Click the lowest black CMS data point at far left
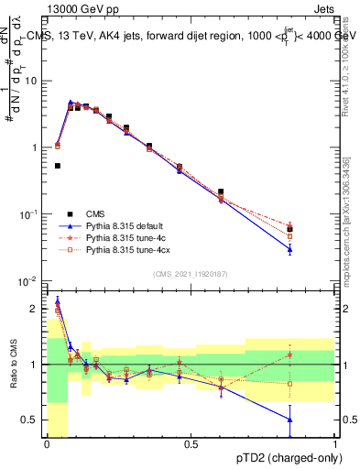coord(58,166)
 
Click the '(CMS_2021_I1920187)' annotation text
coord(191,274)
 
